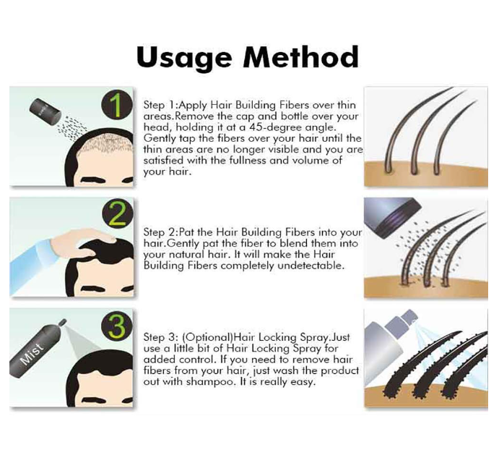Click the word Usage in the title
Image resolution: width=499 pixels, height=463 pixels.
(x=184, y=57)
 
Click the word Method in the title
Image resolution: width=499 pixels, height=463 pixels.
(x=301, y=56)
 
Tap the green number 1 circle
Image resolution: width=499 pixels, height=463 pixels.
(x=117, y=105)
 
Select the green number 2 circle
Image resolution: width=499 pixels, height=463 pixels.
(x=117, y=216)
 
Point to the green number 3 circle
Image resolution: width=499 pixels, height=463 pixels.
(x=117, y=326)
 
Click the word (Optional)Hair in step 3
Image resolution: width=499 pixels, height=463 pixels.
(x=219, y=337)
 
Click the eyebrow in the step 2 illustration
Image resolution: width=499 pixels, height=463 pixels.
(x=93, y=289)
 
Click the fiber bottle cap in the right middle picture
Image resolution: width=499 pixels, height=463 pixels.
(x=397, y=216)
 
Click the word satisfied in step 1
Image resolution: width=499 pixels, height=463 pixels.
(x=164, y=161)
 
